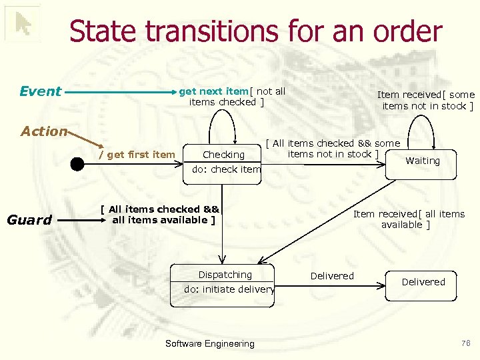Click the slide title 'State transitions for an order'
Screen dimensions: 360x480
click(x=255, y=31)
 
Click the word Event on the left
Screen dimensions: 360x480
click(x=40, y=91)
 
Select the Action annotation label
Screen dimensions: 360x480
click(x=44, y=131)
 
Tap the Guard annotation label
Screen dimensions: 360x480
click(x=29, y=219)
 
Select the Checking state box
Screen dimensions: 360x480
click(x=224, y=155)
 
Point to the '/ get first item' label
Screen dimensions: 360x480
click(x=137, y=155)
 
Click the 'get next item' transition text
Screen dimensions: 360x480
click(x=214, y=91)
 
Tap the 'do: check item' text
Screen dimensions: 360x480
click(x=226, y=169)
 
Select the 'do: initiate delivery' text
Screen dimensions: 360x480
click(x=229, y=289)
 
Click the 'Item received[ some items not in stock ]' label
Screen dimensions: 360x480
click(x=427, y=100)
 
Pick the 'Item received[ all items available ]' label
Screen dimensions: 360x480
click(x=409, y=219)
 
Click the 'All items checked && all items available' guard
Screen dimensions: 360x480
click(x=160, y=214)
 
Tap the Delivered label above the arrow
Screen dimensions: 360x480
click(x=332, y=276)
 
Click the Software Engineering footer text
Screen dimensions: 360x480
click(x=209, y=344)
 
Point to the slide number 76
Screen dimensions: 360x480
click(x=465, y=343)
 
